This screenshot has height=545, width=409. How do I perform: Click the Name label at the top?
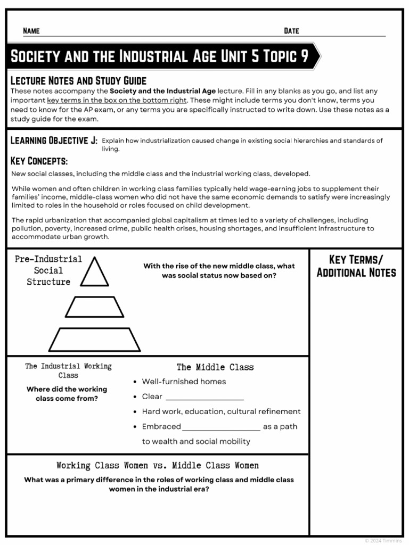31,31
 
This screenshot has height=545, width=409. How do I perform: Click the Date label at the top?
291,31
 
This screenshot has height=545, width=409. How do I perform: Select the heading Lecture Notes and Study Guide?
78,81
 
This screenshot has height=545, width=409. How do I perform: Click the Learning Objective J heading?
54,141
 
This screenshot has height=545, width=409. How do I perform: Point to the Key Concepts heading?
39,161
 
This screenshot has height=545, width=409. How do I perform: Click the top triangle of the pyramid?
94,273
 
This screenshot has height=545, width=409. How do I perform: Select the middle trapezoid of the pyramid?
94,307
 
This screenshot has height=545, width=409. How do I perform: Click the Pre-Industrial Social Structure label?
48,270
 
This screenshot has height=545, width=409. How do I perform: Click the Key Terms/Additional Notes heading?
356,266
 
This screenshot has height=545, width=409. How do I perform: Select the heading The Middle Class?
215,367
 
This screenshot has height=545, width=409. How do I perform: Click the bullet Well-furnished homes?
184,382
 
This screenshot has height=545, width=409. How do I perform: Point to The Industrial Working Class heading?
68,370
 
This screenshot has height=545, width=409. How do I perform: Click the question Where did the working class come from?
67,394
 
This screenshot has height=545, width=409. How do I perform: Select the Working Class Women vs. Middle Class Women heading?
158,466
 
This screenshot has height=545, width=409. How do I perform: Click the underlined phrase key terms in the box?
117,100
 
